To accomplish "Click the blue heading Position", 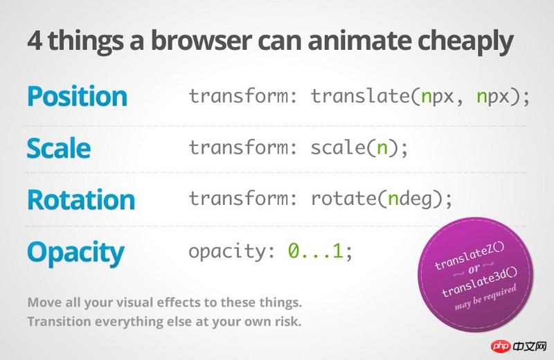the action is (x=77, y=96).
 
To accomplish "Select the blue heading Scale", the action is (x=59, y=148).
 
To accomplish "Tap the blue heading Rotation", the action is (x=81, y=199).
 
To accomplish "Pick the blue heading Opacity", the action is (x=75, y=253).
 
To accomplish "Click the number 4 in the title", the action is (x=34, y=41).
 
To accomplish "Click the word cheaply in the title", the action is (x=465, y=42).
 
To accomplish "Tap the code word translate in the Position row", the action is (x=359, y=96).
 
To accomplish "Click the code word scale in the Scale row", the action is (x=338, y=147).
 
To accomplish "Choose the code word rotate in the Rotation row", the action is (x=343, y=199).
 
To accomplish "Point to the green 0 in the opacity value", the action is (x=294, y=251).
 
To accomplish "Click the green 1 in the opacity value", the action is (x=337, y=251).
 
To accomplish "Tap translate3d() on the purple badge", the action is (x=479, y=282).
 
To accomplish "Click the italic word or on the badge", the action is (x=474, y=269).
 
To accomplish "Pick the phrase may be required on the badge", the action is (x=485, y=298).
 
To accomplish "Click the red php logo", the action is (x=501, y=346).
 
